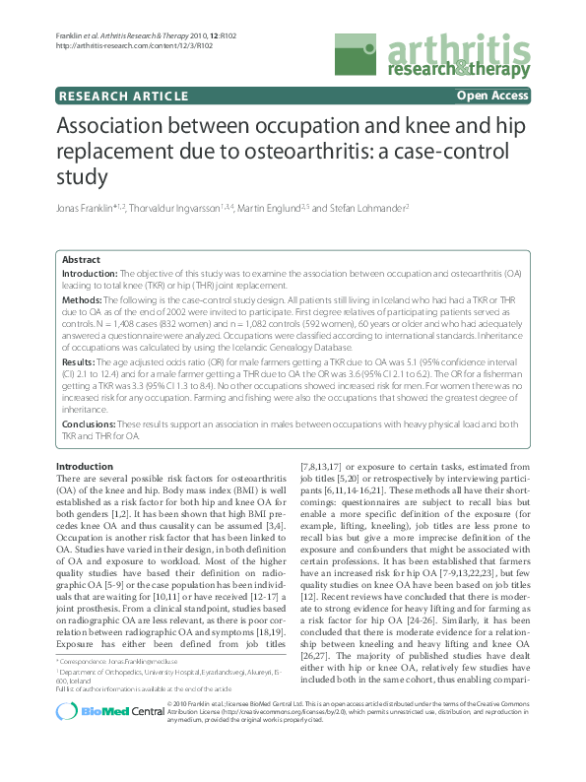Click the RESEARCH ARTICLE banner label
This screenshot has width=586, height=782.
pyautogui.click(x=123, y=97)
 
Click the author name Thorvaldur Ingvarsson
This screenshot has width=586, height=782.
pyautogui.click(x=183, y=209)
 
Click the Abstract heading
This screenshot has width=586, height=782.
pyautogui.click(x=82, y=259)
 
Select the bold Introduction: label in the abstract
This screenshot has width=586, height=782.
pyautogui.click(x=91, y=273)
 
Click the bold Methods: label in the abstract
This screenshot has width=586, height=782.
pyautogui.click(x=83, y=299)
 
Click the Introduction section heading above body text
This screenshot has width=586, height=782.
pyautogui.click(x=85, y=466)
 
